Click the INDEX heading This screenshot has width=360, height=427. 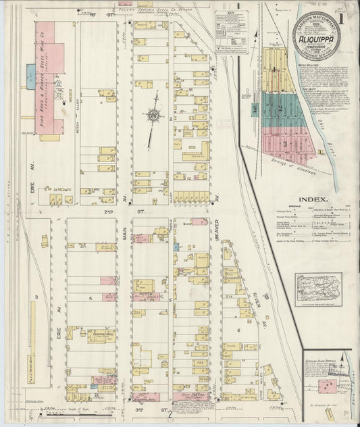[314, 200]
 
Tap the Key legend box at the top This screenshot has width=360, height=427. [232, 30]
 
